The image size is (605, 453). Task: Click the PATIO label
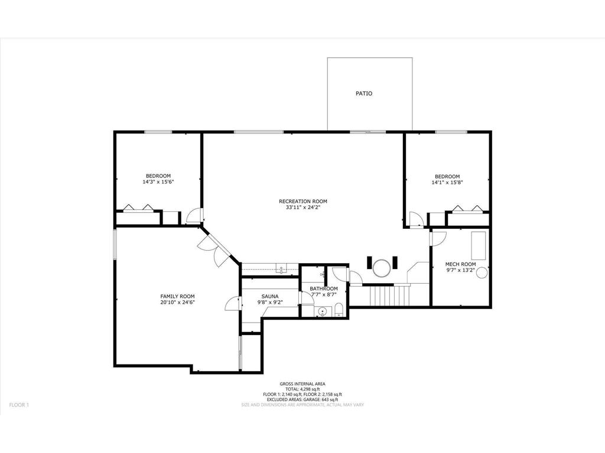pyautogui.click(x=364, y=93)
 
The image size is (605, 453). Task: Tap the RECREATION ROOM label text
pyautogui.click(x=302, y=201)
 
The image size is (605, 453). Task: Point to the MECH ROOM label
pyautogui.click(x=460, y=264)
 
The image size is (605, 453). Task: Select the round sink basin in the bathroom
pyautogui.click(x=322, y=311)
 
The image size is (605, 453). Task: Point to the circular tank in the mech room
pyautogui.click(x=482, y=273)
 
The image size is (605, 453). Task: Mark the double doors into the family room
pyautogui.click(x=214, y=249)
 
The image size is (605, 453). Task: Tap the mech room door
pyautogui.click(x=438, y=238)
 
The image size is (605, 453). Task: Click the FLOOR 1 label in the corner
pyautogui.click(x=19, y=405)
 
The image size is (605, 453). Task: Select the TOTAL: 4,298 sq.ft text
pyautogui.click(x=302, y=389)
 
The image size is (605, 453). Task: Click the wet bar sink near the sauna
pyautogui.click(x=282, y=269)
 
